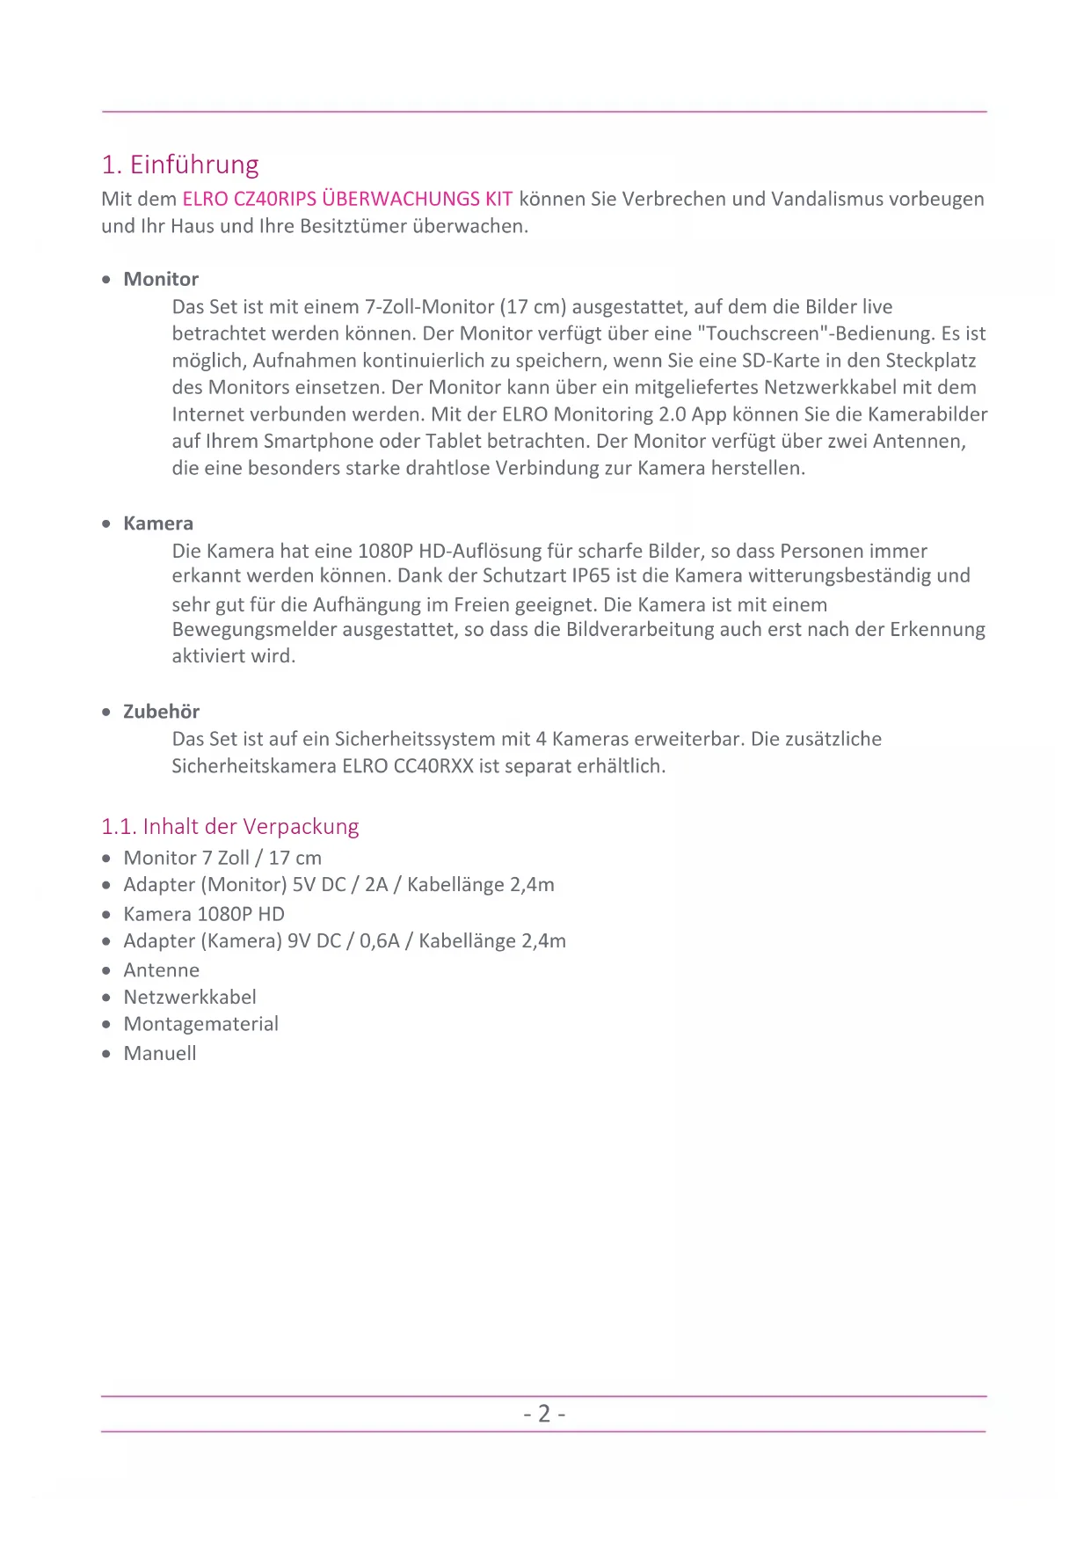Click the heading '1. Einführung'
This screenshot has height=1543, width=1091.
point(180,165)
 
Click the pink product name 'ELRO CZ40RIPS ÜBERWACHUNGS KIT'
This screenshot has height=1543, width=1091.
point(347,199)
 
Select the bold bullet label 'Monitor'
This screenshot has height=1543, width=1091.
point(161,279)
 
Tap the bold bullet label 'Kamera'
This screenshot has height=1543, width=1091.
point(158,523)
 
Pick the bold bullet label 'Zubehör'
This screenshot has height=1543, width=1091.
point(161,712)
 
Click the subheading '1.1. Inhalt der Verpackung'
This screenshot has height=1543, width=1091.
point(229,827)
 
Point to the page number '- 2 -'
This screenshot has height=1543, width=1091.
point(544,1414)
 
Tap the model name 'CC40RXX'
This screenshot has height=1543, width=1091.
point(433,766)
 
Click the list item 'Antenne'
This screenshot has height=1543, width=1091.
point(162,970)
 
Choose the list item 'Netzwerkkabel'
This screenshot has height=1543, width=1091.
point(190,997)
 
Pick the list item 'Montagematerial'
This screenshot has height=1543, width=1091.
point(200,1024)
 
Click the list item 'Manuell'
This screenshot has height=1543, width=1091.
point(160,1053)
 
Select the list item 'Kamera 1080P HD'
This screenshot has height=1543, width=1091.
point(204,914)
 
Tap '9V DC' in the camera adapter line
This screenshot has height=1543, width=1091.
point(314,941)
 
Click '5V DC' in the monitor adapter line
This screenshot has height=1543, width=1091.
point(319,885)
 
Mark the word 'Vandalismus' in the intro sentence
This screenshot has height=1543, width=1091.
point(826,199)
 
